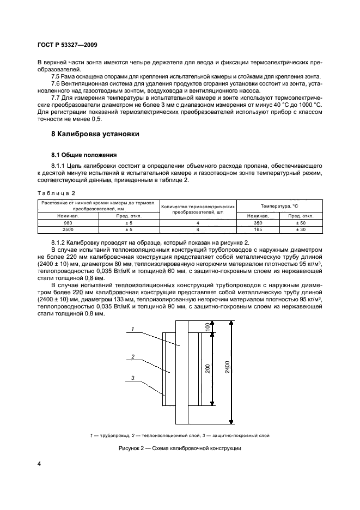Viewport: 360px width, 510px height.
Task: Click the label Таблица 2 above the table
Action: [56, 193]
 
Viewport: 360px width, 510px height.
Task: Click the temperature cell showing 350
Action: [259, 223]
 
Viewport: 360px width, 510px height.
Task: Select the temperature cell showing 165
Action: [259, 230]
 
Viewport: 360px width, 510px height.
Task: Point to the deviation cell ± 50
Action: [301, 223]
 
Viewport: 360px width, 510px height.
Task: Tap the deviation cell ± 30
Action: [301, 230]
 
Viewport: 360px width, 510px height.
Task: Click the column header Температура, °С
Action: [279, 207]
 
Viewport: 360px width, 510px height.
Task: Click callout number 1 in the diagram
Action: [132, 329]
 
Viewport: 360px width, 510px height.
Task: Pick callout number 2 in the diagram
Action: [132, 357]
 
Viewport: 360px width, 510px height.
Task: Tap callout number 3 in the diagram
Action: [132, 378]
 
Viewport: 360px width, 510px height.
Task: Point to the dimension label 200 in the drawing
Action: [208, 368]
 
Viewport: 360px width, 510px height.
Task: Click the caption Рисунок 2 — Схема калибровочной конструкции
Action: [179, 448]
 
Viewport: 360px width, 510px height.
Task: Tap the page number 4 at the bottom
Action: [39, 464]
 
